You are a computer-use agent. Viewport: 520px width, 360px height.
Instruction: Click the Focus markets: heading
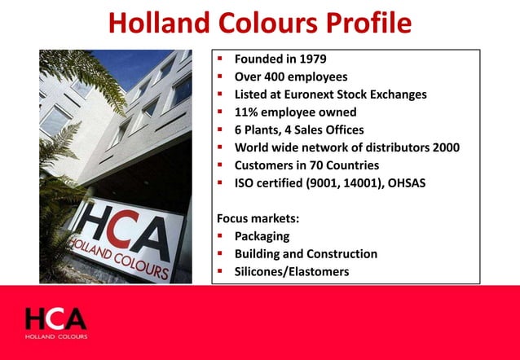click(255, 218)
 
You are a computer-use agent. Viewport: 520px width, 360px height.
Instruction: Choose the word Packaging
click(262, 236)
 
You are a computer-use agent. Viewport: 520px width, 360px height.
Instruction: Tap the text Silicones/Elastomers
click(292, 272)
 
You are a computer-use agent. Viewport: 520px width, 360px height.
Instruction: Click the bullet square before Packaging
click(221, 236)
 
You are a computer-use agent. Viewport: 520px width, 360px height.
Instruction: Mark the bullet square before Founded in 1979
click(221, 59)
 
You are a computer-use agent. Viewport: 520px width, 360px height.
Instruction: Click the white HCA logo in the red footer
click(55, 320)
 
